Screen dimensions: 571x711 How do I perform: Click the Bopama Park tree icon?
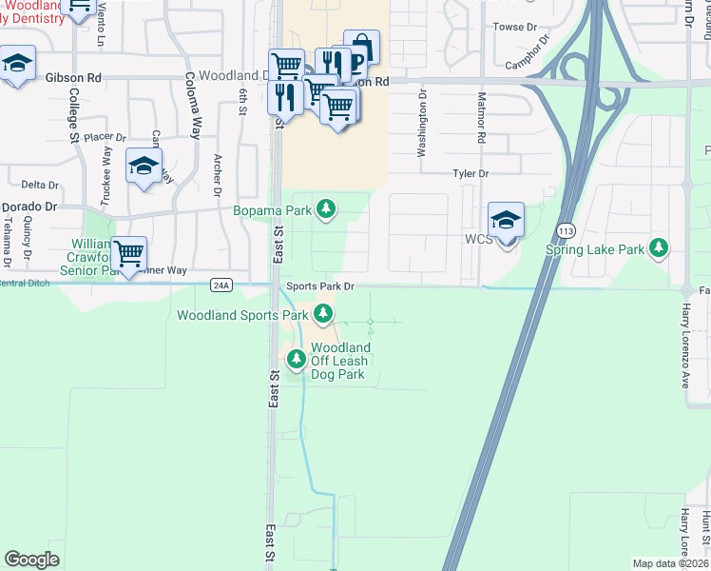pyautogui.click(x=326, y=208)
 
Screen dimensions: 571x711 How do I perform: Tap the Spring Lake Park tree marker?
pyautogui.click(x=658, y=249)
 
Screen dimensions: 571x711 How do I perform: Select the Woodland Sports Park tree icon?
pyautogui.click(x=323, y=313)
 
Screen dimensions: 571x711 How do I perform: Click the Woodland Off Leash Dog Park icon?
pyautogui.click(x=297, y=359)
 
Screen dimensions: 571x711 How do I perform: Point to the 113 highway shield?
pyautogui.click(x=567, y=230)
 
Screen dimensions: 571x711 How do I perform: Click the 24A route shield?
pyautogui.click(x=221, y=285)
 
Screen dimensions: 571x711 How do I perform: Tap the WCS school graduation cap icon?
pyautogui.click(x=506, y=219)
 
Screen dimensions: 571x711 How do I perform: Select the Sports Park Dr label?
pyautogui.click(x=317, y=285)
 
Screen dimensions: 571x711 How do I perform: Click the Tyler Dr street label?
pyautogui.click(x=470, y=174)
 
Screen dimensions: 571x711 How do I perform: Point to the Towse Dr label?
pyautogui.click(x=516, y=28)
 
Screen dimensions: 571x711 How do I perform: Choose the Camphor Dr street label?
pyautogui.click(x=529, y=54)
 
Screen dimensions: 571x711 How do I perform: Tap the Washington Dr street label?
pyautogui.click(x=422, y=123)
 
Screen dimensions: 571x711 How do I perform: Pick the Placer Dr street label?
pyautogui.click(x=105, y=138)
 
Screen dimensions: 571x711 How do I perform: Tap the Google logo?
pyautogui.click(x=31, y=560)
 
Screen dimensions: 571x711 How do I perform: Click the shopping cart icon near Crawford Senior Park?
pyautogui.click(x=128, y=253)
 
